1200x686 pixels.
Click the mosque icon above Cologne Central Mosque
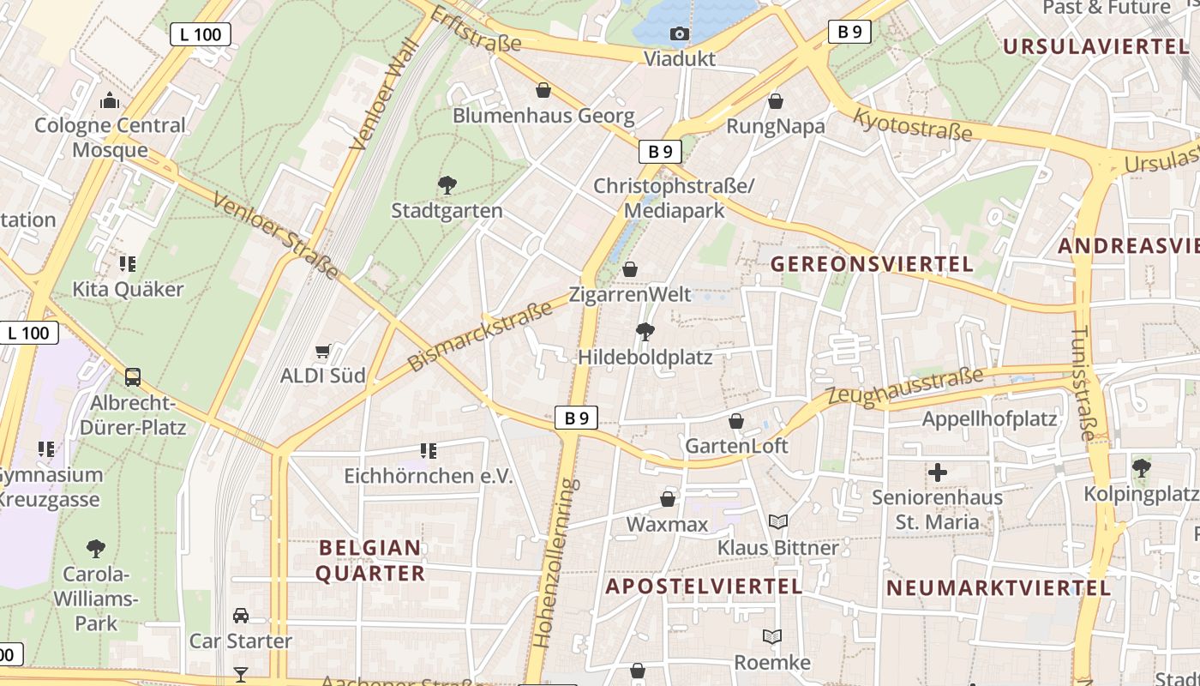tap(109, 101)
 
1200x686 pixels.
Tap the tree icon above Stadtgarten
tap(447, 184)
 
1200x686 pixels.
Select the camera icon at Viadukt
tap(679, 33)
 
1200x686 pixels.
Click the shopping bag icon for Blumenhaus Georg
tap(543, 89)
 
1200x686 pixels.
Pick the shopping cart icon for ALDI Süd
tap(323, 350)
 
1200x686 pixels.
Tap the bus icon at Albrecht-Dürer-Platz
tap(133, 376)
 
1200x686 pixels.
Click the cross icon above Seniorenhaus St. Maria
tap(938, 472)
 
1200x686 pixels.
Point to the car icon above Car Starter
tap(241, 615)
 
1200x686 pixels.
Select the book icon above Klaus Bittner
tap(778, 521)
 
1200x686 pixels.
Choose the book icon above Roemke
tap(772, 636)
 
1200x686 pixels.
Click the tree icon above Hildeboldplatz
tap(645, 331)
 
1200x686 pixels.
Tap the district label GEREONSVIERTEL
tap(872, 264)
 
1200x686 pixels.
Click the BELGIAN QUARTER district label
tap(370, 560)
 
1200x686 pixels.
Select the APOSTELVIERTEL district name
tap(704, 587)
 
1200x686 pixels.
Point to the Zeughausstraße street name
tap(904, 387)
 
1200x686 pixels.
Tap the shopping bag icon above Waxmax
tap(668, 498)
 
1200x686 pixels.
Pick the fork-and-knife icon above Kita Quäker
tap(128, 263)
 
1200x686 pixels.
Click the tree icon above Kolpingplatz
tap(1141, 467)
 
